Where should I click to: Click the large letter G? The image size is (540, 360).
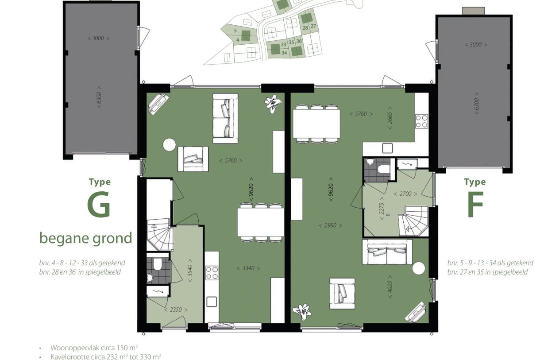click(99, 205)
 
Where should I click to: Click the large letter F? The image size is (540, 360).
click(475, 205)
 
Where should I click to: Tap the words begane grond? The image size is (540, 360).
click(86, 239)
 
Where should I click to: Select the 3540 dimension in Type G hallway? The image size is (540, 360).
click(190, 271)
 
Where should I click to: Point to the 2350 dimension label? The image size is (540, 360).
click(176, 310)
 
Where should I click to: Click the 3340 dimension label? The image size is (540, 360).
click(248, 268)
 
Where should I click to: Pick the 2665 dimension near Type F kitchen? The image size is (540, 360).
click(390, 118)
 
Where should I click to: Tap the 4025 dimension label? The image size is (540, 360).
click(390, 286)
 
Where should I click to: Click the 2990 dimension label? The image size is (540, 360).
click(330, 225)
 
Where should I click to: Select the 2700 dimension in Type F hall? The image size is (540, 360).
click(405, 194)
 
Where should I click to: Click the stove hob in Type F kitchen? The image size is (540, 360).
click(421, 121)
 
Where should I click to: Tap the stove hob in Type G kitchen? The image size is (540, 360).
click(212, 273)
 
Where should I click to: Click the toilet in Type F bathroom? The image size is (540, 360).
click(384, 169)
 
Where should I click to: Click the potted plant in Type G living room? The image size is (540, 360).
click(273, 103)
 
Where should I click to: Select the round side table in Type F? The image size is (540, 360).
click(419, 268)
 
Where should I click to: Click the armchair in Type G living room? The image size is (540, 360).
click(193, 159)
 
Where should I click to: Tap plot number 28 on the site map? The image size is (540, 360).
click(305, 28)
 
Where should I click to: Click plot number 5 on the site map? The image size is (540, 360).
click(235, 31)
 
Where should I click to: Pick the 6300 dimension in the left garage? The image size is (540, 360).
click(99, 97)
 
